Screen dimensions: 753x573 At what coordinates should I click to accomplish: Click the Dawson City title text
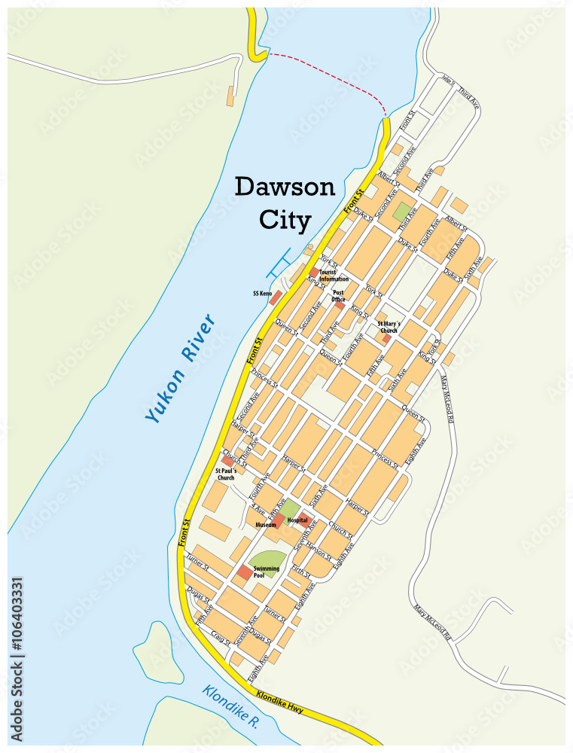click(285, 203)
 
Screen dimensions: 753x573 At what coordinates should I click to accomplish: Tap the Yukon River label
click(180, 368)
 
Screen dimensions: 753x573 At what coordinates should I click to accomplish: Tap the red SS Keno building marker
click(276, 297)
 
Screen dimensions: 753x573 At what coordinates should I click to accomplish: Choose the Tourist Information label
click(334, 276)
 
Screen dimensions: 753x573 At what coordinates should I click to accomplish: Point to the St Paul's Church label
click(225, 474)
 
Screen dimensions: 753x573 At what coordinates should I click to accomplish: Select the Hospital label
click(297, 520)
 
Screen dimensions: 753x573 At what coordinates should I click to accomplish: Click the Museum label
click(264, 524)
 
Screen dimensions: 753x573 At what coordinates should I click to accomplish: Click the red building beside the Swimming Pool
click(244, 573)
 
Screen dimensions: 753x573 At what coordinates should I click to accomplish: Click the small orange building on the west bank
click(230, 96)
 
